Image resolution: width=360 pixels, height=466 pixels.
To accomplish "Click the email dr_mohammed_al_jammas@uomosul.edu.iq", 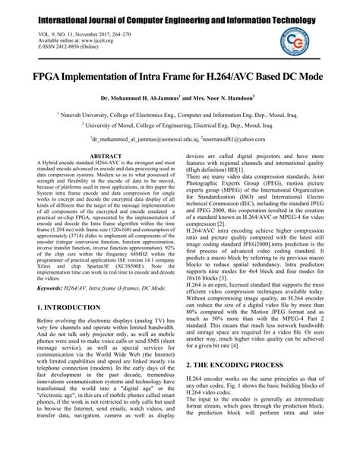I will pos(141,140).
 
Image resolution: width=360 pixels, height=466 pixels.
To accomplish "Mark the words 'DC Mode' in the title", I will pos(309,77).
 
